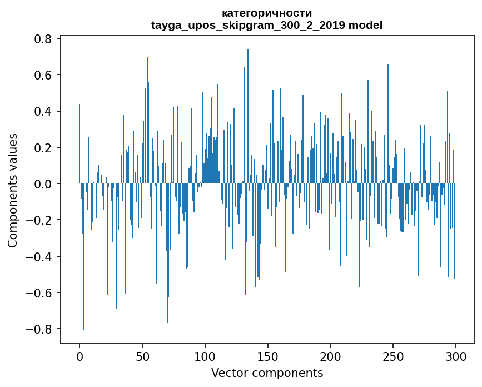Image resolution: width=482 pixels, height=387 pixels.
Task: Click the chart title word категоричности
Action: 267,13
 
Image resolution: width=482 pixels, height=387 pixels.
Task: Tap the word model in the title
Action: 366,26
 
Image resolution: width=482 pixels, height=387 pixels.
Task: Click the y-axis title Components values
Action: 13,190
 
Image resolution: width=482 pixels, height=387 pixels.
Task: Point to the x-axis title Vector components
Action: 267,373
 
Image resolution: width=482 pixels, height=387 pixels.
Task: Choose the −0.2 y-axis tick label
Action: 39,220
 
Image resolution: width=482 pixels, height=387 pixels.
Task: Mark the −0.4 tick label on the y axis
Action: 39,256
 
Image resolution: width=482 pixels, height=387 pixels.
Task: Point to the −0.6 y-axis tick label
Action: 39,293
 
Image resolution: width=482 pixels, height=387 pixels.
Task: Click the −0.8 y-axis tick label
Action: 39,329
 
